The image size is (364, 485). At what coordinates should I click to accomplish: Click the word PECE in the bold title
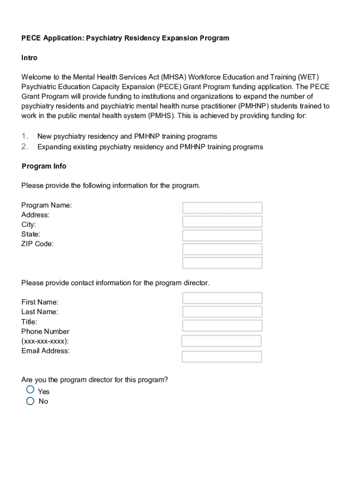click(x=31, y=38)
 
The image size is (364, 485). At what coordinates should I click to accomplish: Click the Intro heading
click(x=29, y=58)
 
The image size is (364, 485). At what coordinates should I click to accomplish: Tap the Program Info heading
click(x=44, y=166)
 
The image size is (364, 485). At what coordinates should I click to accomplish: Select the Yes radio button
click(x=30, y=390)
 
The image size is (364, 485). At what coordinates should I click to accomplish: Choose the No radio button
click(x=30, y=401)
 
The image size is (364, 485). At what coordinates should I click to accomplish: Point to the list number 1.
click(x=25, y=136)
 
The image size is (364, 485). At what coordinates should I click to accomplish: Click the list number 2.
click(x=25, y=146)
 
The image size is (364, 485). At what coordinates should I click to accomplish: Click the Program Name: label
click(x=46, y=205)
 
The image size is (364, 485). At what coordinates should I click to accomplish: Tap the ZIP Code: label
click(x=37, y=244)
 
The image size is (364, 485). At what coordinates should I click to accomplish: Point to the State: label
click(x=31, y=234)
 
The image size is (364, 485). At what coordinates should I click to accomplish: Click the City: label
click(x=28, y=225)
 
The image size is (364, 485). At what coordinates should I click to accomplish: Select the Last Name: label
click(x=40, y=312)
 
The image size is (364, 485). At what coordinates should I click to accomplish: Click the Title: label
click(x=29, y=322)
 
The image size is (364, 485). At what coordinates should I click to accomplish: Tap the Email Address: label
click(x=45, y=351)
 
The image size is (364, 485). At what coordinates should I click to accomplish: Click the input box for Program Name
click(x=222, y=208)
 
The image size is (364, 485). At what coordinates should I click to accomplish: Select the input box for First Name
click(x=222, y=298)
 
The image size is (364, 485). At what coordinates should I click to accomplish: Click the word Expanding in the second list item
click(x=54, y=147)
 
